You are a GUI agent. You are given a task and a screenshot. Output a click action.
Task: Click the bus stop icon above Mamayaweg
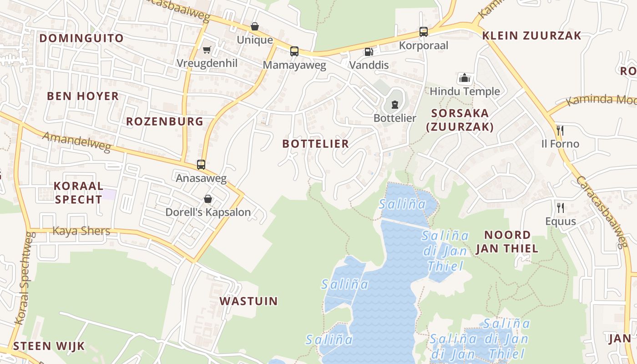coord(294,51)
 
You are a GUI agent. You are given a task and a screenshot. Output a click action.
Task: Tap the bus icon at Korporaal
coord(424,32)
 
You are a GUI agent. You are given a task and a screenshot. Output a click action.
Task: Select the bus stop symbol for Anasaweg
coord(201,165)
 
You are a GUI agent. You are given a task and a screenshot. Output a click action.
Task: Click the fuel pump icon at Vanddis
coord(369,52)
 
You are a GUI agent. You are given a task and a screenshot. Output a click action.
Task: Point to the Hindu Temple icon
coord(465,78)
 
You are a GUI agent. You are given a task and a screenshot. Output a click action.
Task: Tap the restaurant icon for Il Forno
coord(560,131)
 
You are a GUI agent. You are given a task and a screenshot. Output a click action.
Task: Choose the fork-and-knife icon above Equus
coord(561,208)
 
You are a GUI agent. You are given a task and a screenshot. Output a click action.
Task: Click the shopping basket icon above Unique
coord(255,27)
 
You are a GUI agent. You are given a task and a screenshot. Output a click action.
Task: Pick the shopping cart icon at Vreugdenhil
coord(207,50)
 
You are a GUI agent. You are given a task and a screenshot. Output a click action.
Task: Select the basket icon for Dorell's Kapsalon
coord(208,199)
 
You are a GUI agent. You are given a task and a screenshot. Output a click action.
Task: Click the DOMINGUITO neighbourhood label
coord(81,38)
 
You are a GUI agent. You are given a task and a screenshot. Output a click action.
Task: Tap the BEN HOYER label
coord(83,96)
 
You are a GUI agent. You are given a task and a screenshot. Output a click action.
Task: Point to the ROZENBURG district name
coord(165,121)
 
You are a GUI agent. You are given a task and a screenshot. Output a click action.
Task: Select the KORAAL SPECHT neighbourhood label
coord(78,192)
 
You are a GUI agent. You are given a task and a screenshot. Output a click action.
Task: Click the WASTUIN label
coord(248,301)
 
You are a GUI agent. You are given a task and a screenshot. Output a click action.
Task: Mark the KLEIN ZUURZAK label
coord(532,36)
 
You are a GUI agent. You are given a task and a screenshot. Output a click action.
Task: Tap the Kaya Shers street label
coord(81,231)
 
